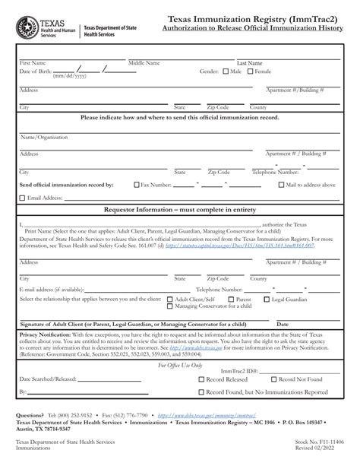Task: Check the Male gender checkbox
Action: point(226,71)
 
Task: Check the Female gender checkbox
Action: point(251,71)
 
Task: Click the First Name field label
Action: point(33,63)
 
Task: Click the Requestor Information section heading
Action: point(180,209)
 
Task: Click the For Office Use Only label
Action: point(180,365)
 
